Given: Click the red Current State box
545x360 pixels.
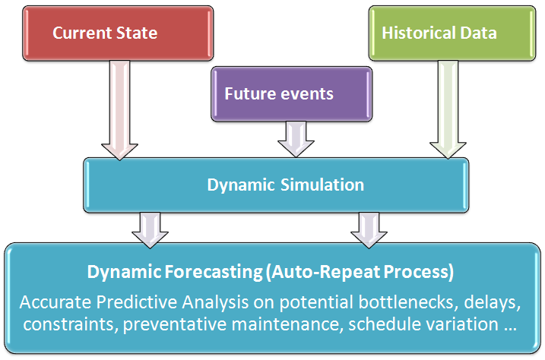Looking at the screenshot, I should (104, 33).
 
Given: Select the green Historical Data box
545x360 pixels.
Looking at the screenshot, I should (439, 33).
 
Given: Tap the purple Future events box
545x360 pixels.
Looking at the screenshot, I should (292, 94).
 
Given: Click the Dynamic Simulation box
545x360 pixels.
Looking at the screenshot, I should (286, 185).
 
